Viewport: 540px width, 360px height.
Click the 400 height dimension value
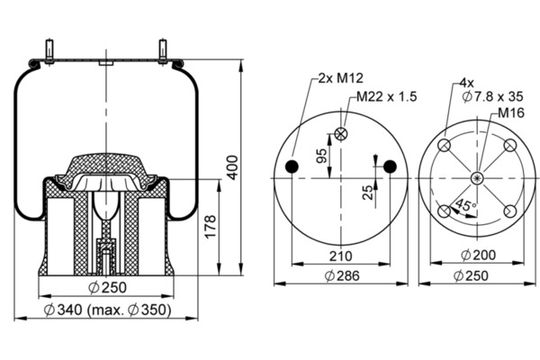click(233, 167)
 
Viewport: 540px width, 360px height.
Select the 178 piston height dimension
click(210, 226)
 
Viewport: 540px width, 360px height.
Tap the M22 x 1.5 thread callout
click(386, 96)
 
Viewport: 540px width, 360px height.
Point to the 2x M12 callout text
click(340, 78)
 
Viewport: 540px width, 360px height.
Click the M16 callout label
click(511, 112)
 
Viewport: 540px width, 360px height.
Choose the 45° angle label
click(465, 205)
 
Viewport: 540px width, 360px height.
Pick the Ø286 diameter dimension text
click(342, 275)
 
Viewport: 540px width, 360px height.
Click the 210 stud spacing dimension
click(340, 256)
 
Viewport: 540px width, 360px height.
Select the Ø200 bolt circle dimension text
click(479, 255)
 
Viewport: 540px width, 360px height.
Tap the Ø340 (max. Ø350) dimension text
click(107, 310)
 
